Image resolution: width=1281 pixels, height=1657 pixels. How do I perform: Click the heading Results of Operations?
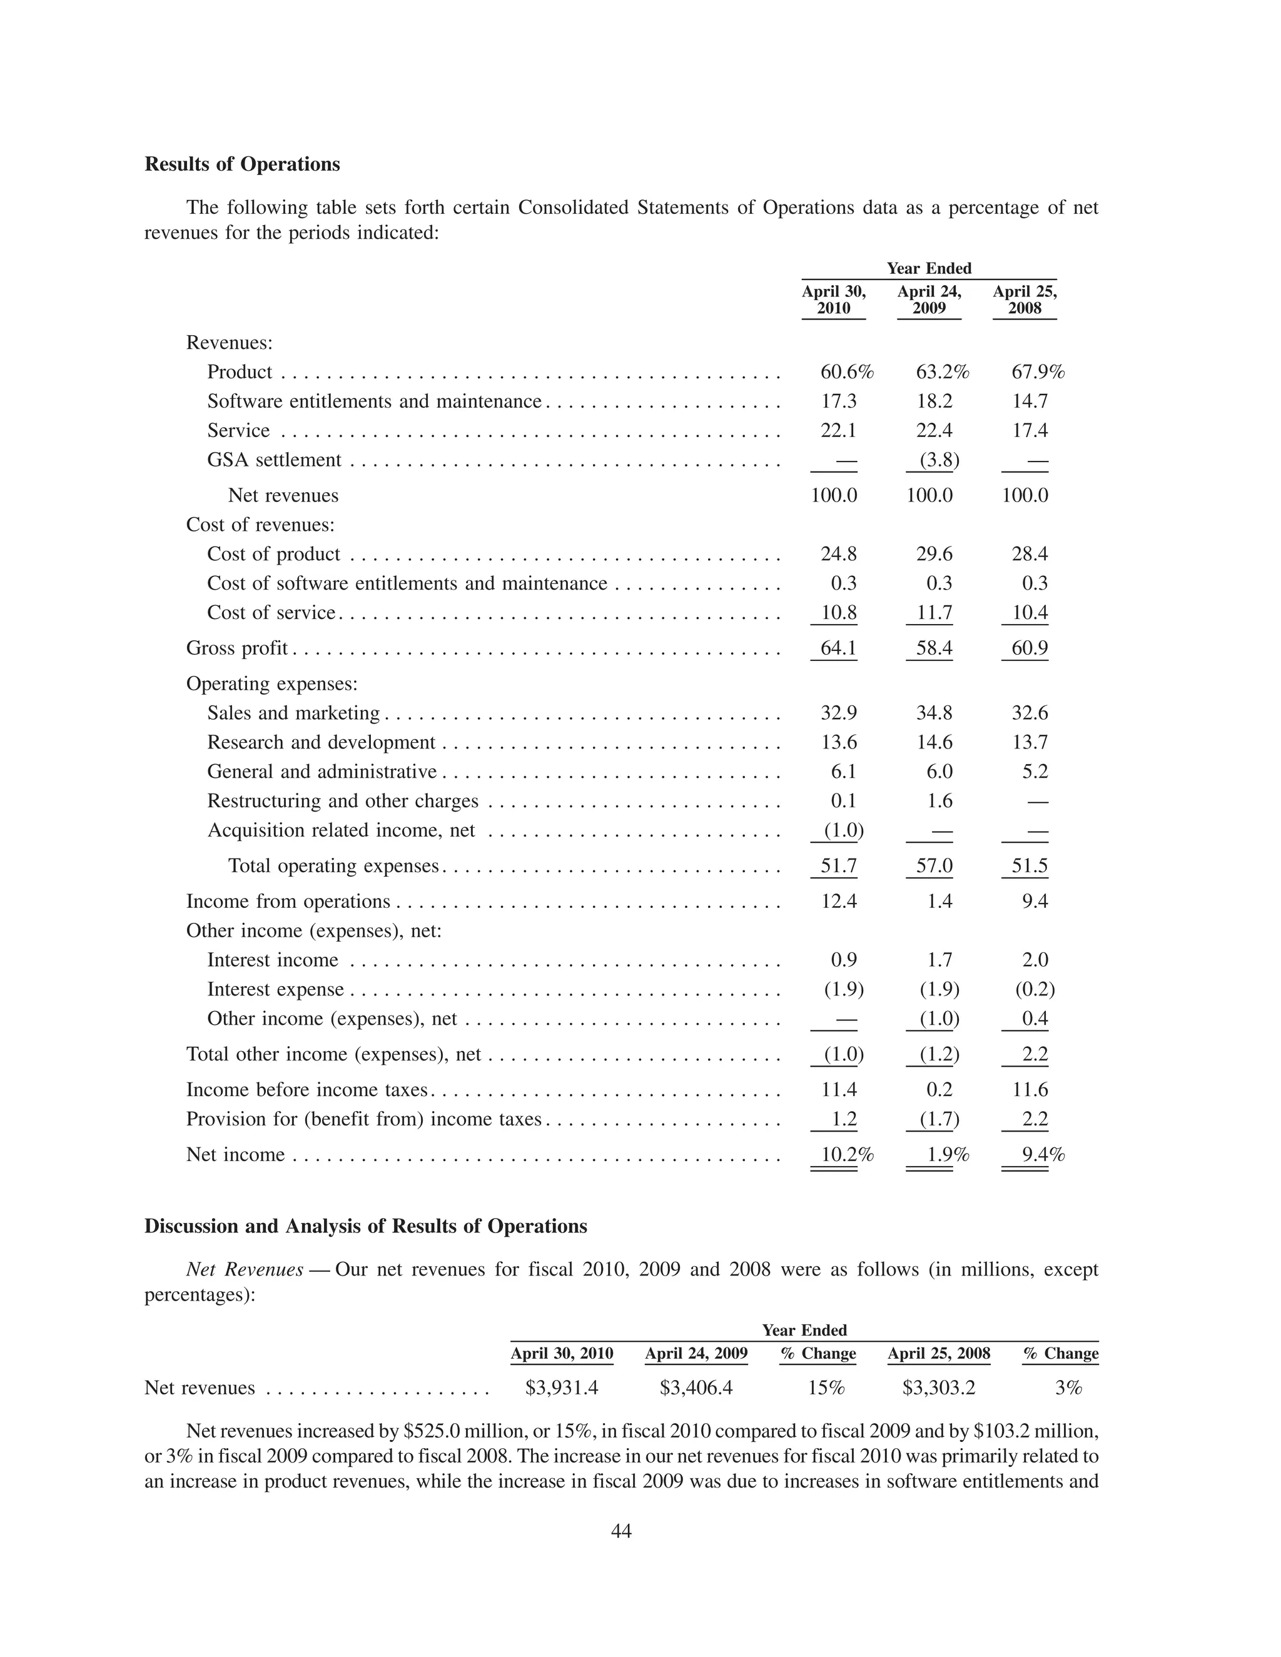pos(242,164)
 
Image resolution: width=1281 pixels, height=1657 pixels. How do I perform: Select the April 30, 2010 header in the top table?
pos(833,300)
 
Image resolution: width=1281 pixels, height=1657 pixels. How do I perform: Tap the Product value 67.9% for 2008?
pos(1038,372)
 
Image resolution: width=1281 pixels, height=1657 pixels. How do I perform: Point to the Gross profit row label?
pos(237,648)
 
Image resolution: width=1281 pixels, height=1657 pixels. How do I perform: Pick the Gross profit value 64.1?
pos(838,648)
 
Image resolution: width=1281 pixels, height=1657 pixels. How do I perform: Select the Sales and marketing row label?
pos(293,713)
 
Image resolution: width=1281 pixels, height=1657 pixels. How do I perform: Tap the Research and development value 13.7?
pos(1029,742)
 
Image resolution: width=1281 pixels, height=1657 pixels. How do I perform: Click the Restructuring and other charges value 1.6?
pos(939,801)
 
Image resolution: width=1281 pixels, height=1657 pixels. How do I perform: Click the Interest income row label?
pos(273,960)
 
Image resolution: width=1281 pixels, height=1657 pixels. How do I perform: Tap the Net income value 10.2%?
pos(847,1155)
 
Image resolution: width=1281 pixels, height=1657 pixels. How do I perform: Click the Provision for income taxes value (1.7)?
pos(939,1119)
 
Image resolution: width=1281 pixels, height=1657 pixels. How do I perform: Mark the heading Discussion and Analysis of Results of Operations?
pos(365,1227)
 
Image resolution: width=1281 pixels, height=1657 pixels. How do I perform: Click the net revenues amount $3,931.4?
pos(562,1388)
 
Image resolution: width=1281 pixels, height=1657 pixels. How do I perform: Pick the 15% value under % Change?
pos(826,1388)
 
